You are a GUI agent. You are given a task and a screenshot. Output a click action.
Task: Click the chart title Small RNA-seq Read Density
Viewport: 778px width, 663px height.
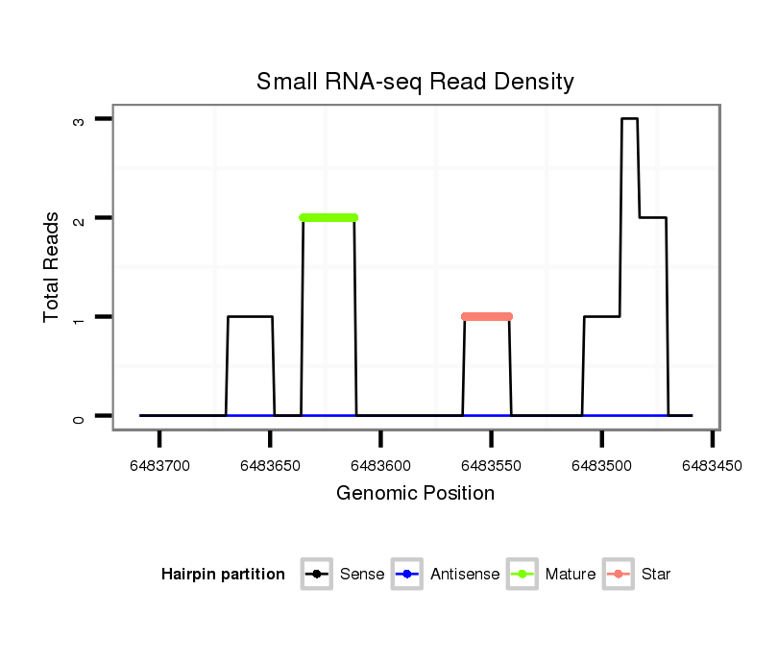(x=415, y=82)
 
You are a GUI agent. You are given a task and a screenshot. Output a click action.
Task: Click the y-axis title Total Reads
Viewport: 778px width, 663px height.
(x=52, y=267)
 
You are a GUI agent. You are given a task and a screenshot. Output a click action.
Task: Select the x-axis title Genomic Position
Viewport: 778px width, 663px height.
(x=415, y=494)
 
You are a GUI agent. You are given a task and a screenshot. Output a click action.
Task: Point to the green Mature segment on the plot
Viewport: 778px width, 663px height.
(x=328, y=217)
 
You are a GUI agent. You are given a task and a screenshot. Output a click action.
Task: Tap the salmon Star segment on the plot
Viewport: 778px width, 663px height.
(x=487, y=316)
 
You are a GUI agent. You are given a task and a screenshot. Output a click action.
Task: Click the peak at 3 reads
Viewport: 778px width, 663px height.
(x=629, y=119)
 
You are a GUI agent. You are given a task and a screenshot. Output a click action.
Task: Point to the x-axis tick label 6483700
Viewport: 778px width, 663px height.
(x=160, y=466)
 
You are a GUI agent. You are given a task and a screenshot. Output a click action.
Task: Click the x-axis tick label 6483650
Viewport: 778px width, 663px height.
(x=271, y=466)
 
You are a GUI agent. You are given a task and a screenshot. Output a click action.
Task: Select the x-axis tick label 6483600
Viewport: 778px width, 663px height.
(x=381, y=466)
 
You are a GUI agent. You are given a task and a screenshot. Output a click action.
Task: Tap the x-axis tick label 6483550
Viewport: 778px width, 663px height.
(x=492, y=466)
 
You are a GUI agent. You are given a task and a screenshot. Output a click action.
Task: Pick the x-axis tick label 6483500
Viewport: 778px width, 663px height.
(x=602, y=466)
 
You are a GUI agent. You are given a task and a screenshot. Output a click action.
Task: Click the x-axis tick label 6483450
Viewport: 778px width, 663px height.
(x=712, y=466)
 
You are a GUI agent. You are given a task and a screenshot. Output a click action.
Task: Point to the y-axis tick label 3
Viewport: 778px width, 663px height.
(x=78, y=119)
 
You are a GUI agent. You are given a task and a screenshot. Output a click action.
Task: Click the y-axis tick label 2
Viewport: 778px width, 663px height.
(x=78, y=218)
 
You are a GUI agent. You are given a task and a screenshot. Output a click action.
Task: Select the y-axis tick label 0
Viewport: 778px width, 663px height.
(x=78, y=416)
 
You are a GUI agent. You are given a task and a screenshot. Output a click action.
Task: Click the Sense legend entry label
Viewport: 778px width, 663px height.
(x=362, y=575)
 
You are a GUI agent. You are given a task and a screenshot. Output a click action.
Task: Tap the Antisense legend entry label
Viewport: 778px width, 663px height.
(x=465, y=575)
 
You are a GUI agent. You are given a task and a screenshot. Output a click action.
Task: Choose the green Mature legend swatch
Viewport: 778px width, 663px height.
(x=524, y=575)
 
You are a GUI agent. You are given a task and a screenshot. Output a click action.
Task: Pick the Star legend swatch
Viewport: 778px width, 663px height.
(x=620, y=575)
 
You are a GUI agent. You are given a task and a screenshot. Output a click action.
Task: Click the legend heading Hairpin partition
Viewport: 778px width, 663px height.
(x=223, y=575)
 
